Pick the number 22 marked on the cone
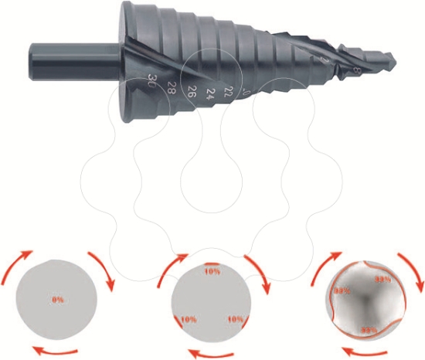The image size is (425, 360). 228,93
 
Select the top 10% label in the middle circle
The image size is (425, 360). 212,270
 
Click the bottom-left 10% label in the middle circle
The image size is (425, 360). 188,318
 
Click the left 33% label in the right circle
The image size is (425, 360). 342,291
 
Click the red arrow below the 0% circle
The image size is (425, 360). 57,351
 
